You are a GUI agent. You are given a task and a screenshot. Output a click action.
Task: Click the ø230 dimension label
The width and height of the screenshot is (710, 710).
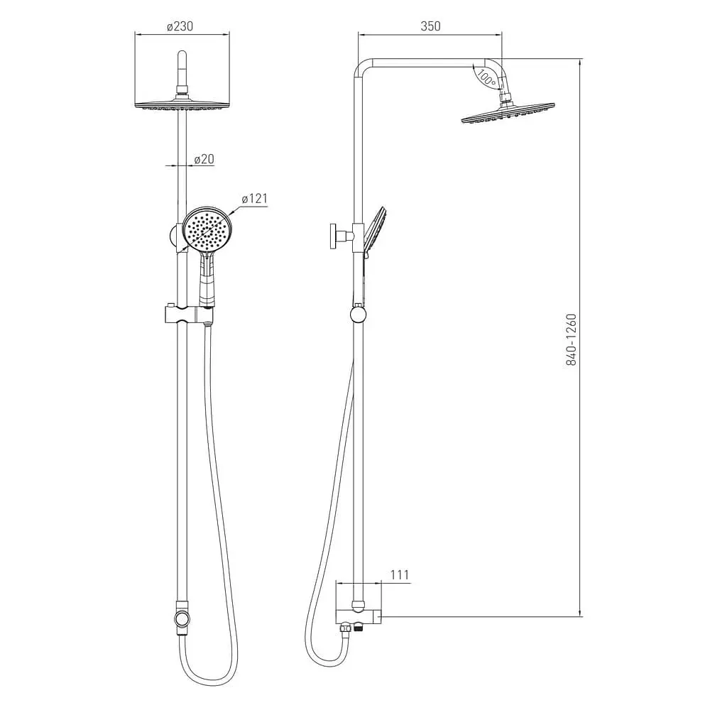coord(180,26)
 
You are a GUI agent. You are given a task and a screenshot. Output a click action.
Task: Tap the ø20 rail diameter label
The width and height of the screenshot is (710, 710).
coord(204,159)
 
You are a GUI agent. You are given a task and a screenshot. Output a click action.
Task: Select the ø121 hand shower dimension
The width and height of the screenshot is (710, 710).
coord(254,198)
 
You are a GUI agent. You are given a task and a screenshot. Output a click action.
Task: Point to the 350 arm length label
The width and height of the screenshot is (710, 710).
coord(430,26)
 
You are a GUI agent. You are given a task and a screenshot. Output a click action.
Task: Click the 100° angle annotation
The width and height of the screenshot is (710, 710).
coord(486,77)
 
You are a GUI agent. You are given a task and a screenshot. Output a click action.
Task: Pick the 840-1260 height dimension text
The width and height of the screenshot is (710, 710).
coord(572,339)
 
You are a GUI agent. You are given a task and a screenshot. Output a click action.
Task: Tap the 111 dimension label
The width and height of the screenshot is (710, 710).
coord(399,574)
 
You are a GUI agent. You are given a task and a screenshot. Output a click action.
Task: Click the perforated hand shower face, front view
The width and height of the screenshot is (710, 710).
coord(207,229)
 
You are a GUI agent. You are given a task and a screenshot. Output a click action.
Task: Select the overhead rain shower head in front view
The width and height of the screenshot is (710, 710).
coord(182,104)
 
